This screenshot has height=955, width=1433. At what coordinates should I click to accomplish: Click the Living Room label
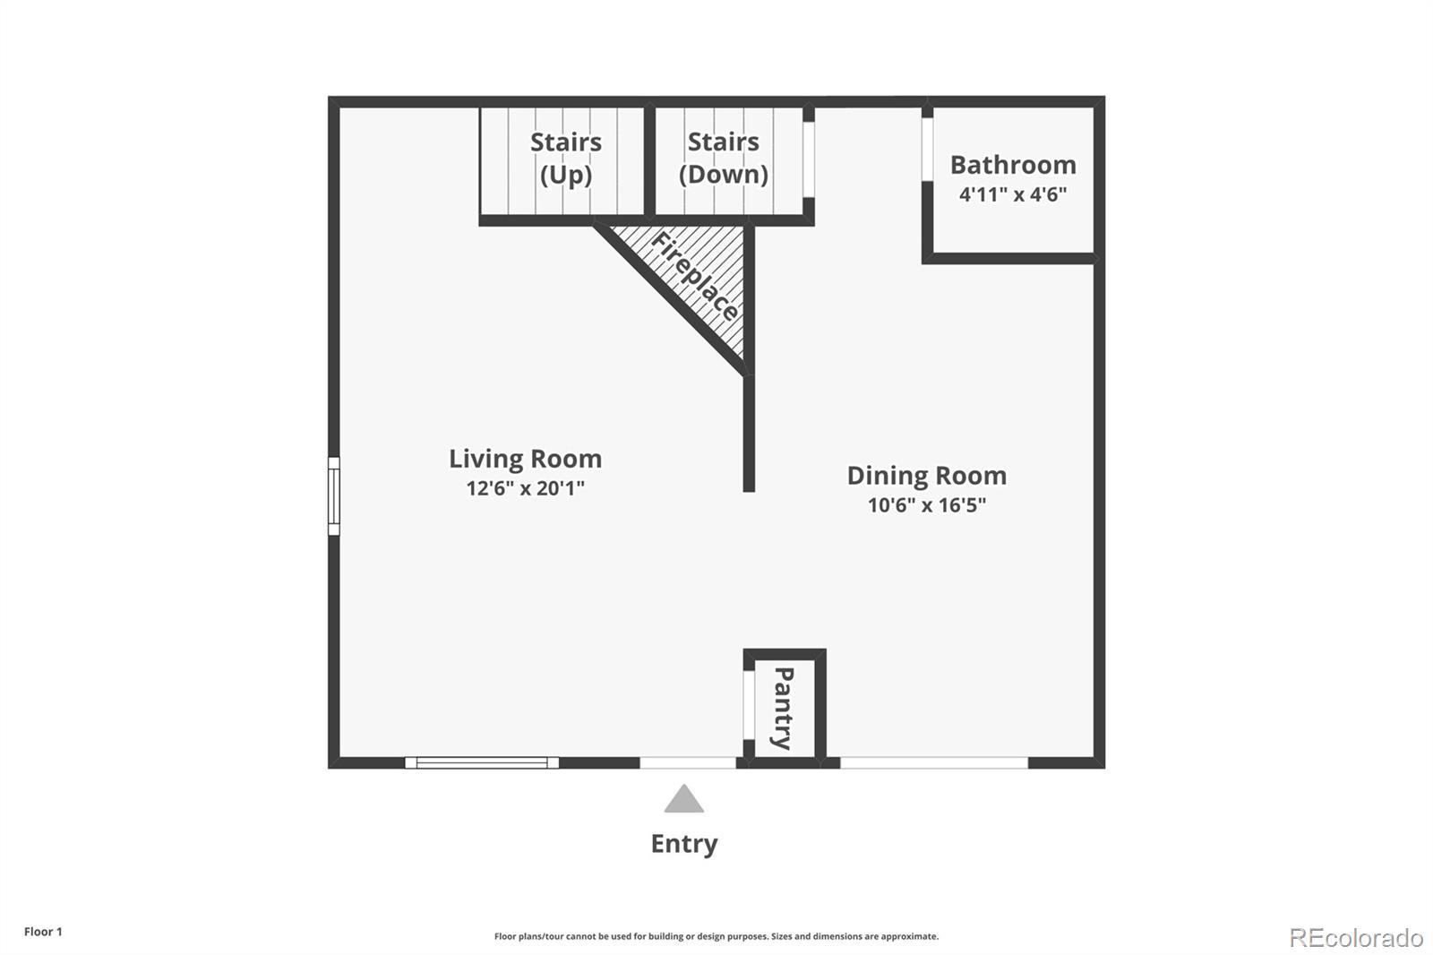tap(525, 459)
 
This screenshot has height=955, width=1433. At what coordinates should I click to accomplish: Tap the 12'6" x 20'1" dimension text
tap(525, 488)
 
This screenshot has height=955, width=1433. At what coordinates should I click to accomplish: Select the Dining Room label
tap(926, 475)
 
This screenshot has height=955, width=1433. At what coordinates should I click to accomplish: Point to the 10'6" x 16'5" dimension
tap(926, 504)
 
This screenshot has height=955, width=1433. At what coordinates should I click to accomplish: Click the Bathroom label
tap(1012, 165)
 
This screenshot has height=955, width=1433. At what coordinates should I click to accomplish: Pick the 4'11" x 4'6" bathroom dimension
tap(1012, 194)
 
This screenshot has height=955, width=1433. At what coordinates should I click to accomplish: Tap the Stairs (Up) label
tap(565, 158)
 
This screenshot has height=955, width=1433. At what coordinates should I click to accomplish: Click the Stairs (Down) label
tap(723, 158)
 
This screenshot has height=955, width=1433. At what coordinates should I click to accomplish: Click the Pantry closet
tap(783, 708)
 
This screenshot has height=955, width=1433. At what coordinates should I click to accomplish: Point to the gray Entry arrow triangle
tap(683, 799)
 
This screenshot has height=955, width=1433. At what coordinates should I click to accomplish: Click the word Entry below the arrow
tap(683, 844)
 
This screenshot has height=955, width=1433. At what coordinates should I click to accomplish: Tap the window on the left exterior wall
tap(333, 495)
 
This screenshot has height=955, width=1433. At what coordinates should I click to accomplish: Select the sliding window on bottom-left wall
tap(482, 762)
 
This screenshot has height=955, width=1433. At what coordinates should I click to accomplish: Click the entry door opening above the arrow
tap(687, 762)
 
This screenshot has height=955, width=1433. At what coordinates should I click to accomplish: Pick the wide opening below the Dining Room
tap(933, 762)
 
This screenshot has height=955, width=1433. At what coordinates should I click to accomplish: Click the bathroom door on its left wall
tap(928, 151)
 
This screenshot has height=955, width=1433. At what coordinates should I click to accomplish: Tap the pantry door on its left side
tap(748, 705)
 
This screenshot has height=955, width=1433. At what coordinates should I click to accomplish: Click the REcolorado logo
tap(1355, 937)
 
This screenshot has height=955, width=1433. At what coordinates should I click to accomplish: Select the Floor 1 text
tap(43, 932)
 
